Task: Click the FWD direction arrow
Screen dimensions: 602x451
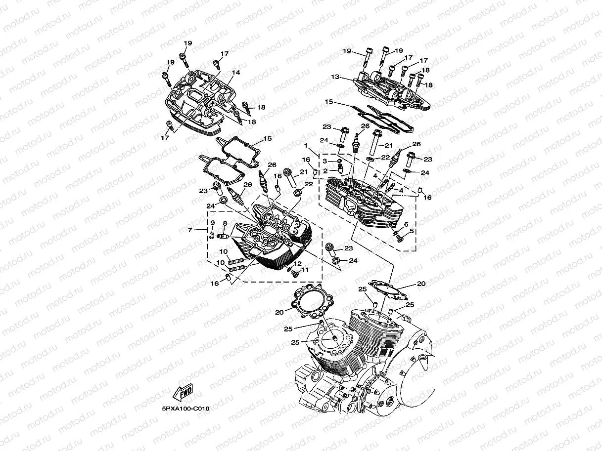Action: (183, 392)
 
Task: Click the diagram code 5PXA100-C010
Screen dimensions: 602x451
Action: (185, 409)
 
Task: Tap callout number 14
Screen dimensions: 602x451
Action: (236, 72)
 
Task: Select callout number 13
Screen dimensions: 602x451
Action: (335, 77)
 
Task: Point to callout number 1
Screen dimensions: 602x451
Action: (306, 145)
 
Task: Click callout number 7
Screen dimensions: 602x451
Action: (190, 230)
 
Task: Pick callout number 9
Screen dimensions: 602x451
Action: (213, 223)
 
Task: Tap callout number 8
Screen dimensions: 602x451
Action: (225, 223)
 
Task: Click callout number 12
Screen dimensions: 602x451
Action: (298, 264)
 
